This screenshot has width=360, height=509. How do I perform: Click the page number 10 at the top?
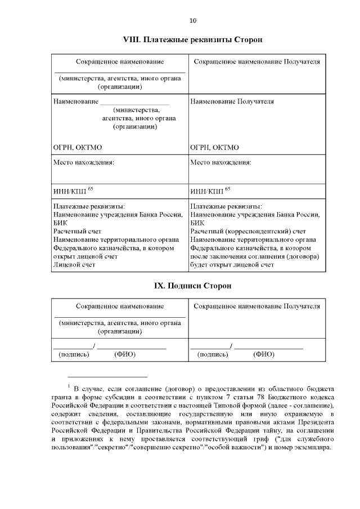193,21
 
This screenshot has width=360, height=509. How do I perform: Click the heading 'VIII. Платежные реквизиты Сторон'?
193,40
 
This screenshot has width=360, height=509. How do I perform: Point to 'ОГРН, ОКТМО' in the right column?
215,147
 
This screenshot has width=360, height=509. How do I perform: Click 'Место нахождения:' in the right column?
220,162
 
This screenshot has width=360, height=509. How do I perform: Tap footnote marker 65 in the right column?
228,189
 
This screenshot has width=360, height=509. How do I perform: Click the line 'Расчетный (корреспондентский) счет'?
248,231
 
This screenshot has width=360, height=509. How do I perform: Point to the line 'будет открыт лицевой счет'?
232,264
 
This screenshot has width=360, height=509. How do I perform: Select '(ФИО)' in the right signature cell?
264,354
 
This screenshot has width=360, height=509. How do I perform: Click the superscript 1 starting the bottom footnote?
68,385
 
